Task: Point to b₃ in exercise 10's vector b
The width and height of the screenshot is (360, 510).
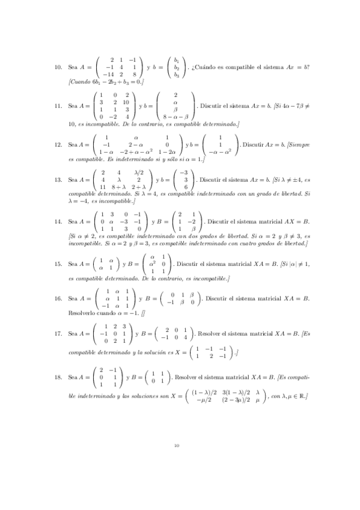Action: coord(177,75)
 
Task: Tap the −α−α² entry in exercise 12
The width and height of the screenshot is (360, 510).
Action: coord(221,152)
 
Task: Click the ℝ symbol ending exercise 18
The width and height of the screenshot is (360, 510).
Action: coord(304,396)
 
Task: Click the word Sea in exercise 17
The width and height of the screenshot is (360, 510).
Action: coord(75,333)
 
